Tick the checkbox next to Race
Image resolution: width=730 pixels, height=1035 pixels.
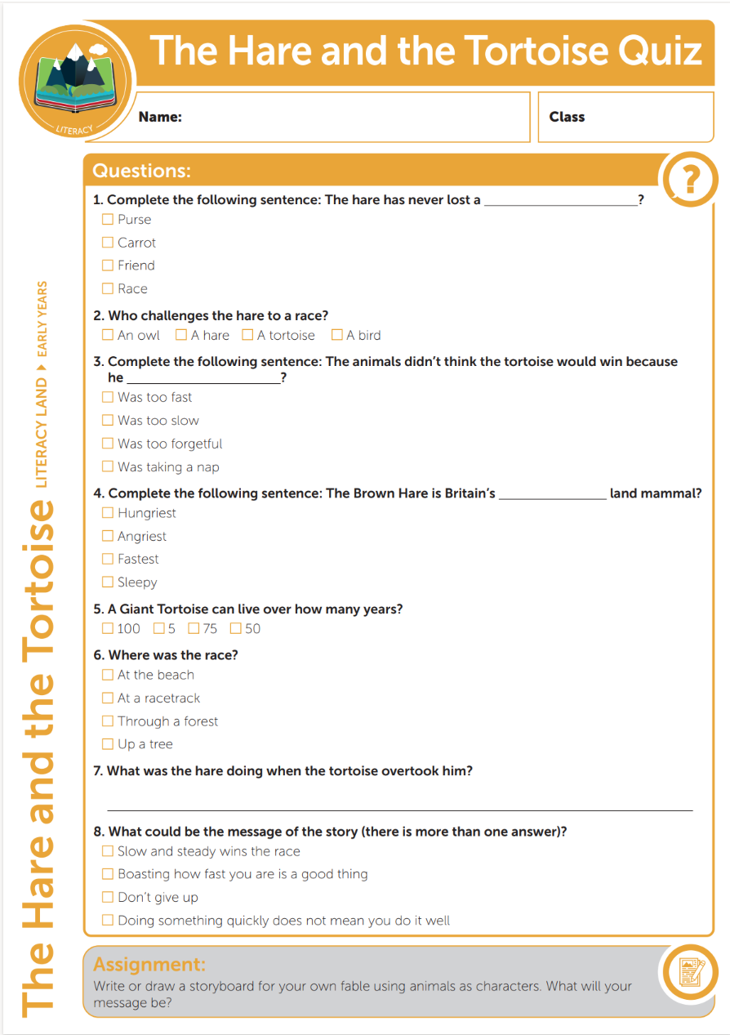click(x=107, y=288)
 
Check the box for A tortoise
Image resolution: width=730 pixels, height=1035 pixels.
click(x=247, y=335)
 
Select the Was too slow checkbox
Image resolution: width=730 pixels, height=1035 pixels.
click(x=107, y=420)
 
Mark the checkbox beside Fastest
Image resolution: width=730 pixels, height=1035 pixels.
click(x=107, y=559)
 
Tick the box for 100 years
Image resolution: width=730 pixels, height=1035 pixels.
click(x=107, y=628)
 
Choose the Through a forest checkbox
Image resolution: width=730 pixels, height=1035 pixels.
click(x=107, y=721)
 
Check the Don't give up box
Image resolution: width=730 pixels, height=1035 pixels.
click(x=107, y=897)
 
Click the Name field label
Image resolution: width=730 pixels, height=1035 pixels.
click(x=160, y=117)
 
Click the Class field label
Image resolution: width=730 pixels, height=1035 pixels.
click(x=567, y=117)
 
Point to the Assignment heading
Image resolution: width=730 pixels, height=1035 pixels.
click(x=149, y=964)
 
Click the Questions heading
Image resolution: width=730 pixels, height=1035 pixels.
click(x=141, y=171)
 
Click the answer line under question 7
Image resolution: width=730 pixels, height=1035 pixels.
click(x=400, y=810)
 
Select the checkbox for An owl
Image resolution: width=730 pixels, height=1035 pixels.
click(x=107, y=335)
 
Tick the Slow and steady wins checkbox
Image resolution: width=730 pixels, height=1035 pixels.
click(x=107, y=851)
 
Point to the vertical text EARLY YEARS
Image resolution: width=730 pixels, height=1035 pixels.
click(x=42, y=319)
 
